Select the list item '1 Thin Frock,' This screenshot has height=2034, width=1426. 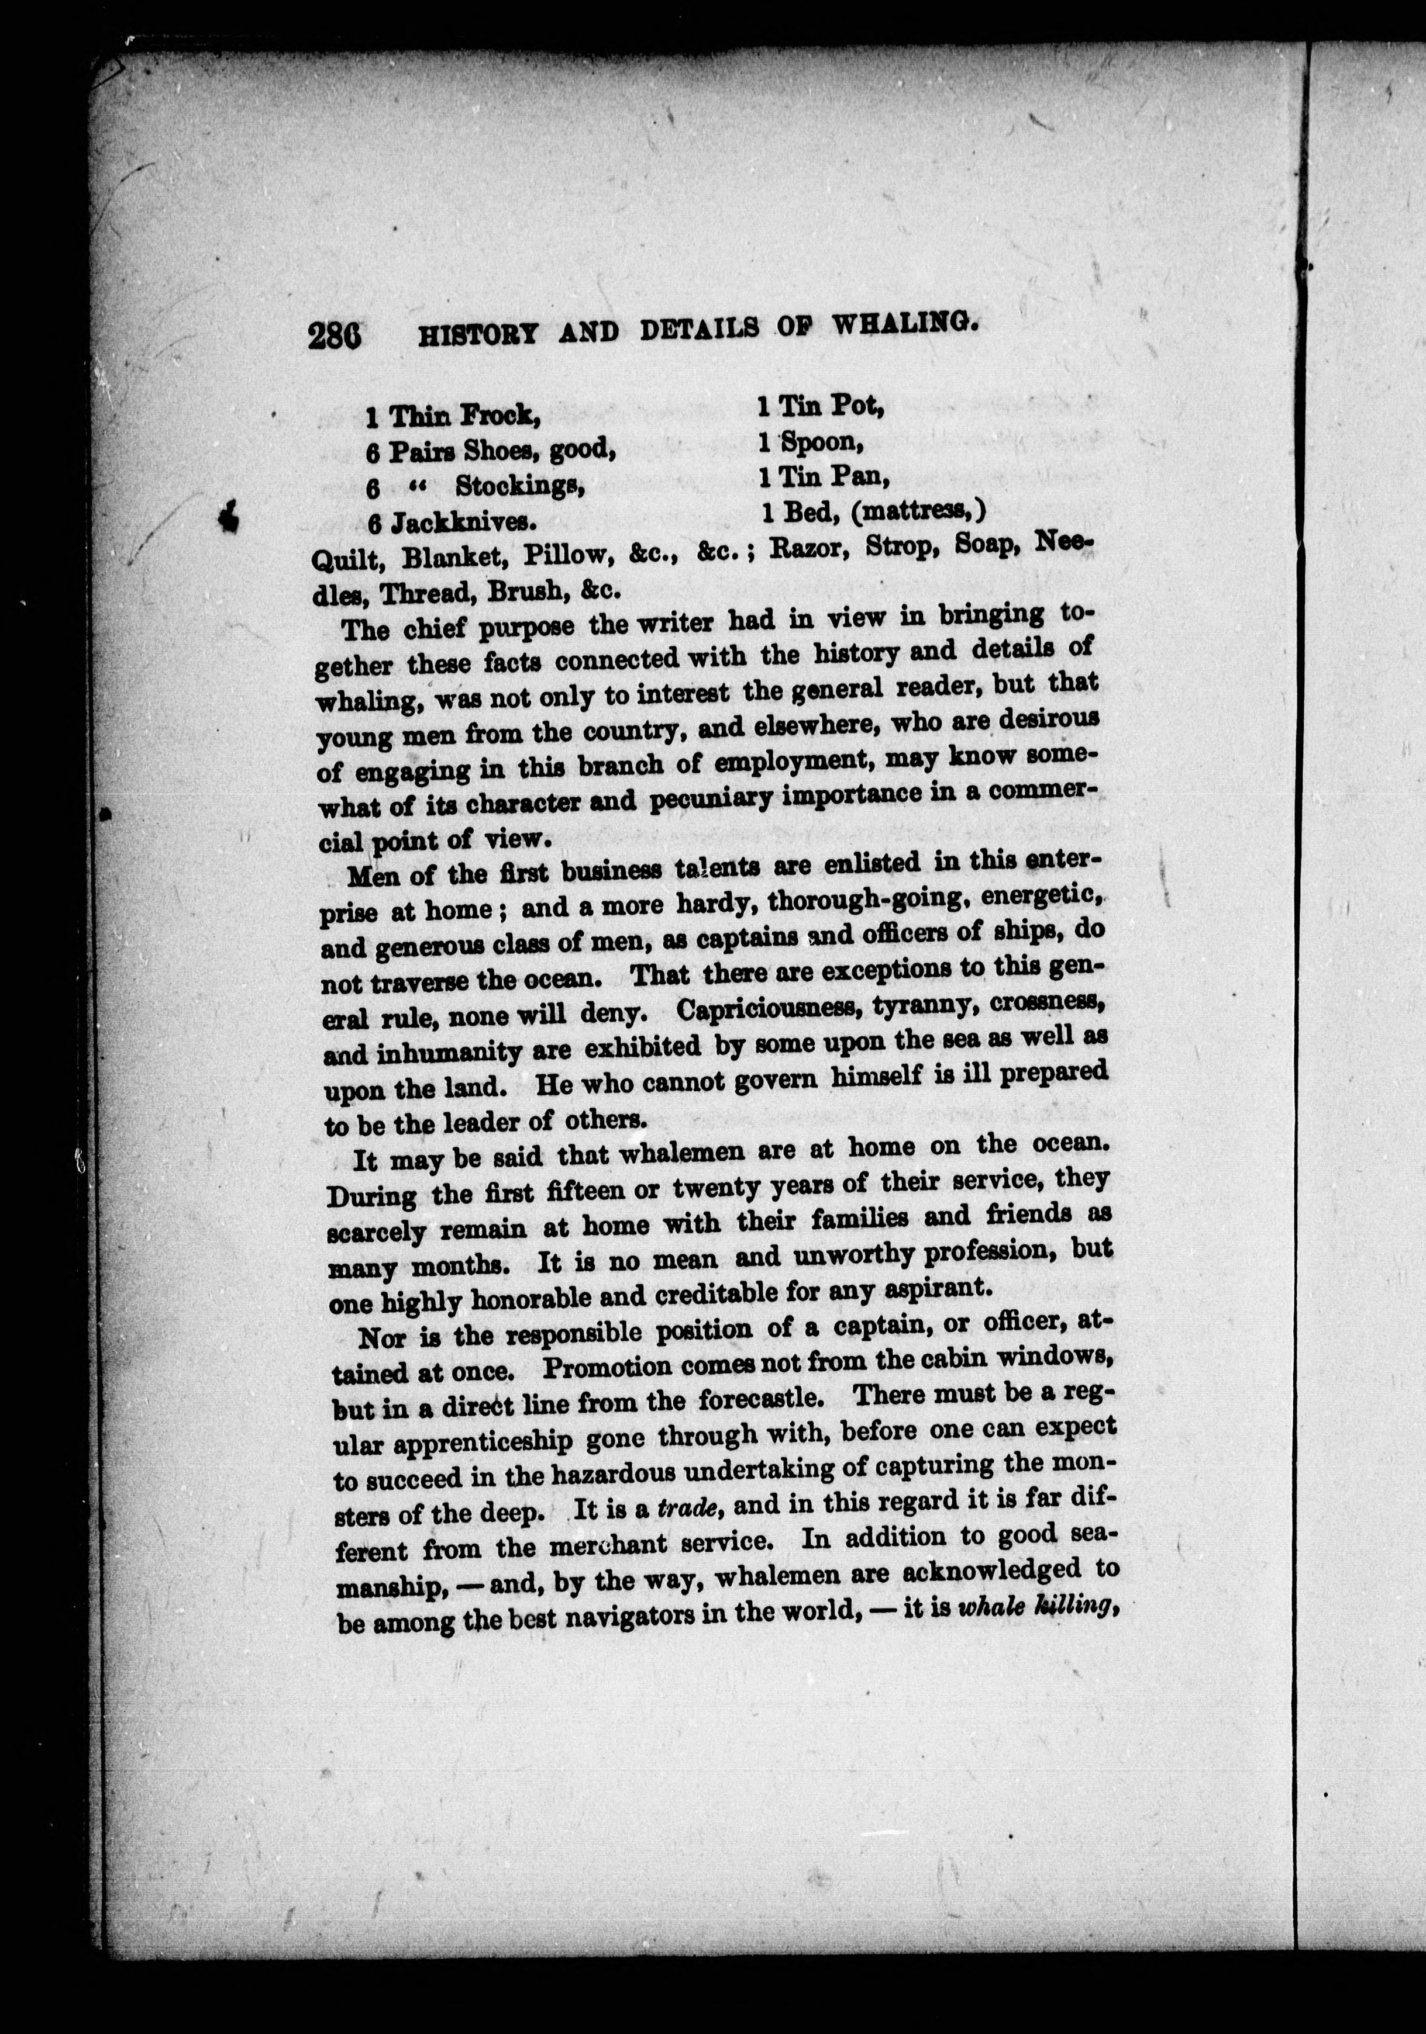coord(452,414)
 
